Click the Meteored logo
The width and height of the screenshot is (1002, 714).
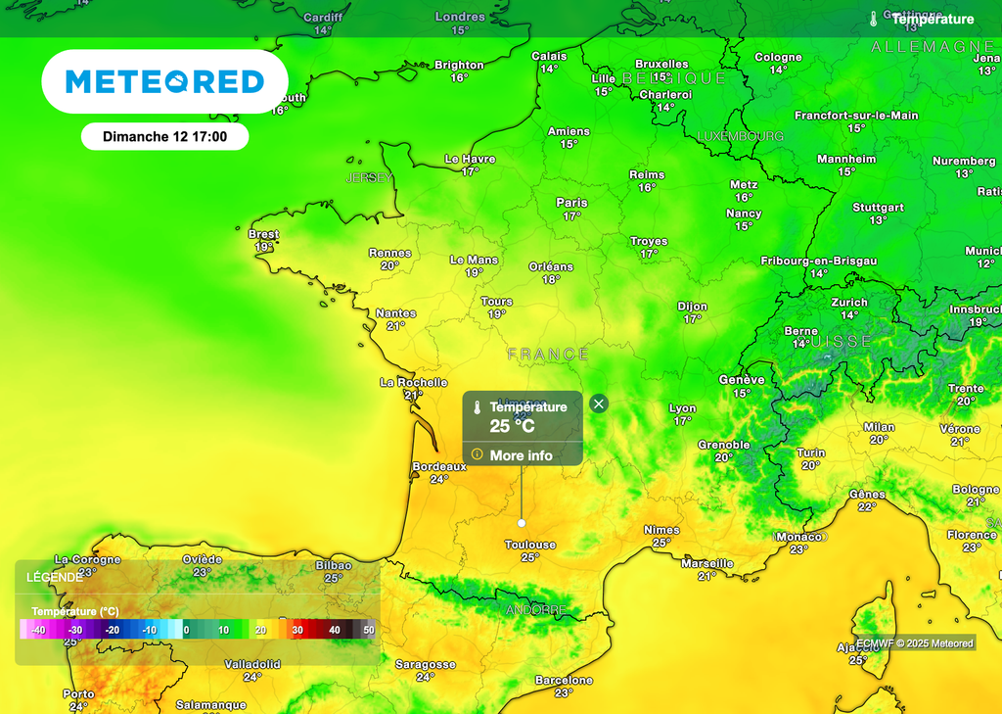(x=164, y=81)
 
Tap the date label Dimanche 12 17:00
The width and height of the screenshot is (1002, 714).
(x=164, y=136)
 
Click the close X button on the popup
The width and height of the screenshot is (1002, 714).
(x=599, y=404)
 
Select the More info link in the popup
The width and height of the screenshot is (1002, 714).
(x=521, y=455)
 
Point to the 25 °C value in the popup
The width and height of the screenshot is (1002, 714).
(x=512, y=426)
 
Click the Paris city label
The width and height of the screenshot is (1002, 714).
(x=572, y=203)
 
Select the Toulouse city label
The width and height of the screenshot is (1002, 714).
(x=530, y=545)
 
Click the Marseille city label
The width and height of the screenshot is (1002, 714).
(x=707, y=563)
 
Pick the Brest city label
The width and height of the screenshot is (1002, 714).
(x=263, y=234)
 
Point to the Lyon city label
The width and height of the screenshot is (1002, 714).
(x=682, y=408)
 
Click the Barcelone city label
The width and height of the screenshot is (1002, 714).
(x=564, y=680)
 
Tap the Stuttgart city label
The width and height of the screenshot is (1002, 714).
(x=878, y=208)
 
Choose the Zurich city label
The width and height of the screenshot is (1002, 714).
(x=849, y=303)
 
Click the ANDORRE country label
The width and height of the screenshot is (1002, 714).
(x=535, y=609)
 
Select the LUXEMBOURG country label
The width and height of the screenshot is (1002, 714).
(x=740, y=136)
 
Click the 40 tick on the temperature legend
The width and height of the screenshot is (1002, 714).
(x=335, y=630)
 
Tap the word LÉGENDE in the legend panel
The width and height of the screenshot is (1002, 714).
(x=55, y=577)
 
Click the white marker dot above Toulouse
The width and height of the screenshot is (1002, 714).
(x=522, y=523)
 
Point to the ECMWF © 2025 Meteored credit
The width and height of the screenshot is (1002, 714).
(x=915, y=643)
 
